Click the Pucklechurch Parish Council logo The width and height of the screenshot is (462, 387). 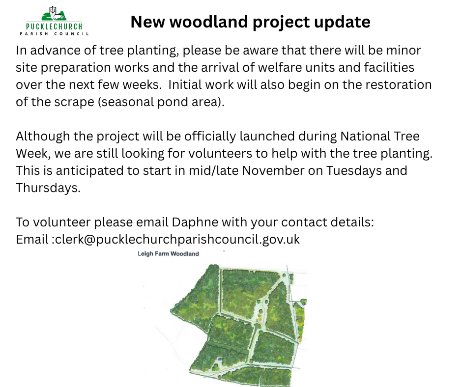(54, 21)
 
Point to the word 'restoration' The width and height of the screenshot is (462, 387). (399, 84)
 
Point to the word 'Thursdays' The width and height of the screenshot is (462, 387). (48, 188)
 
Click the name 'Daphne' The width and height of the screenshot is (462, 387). (195, 222)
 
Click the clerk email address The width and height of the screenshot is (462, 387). (177, 240)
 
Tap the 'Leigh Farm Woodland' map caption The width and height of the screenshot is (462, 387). (168, 253)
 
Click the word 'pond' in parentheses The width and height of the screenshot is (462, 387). (173, 102)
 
